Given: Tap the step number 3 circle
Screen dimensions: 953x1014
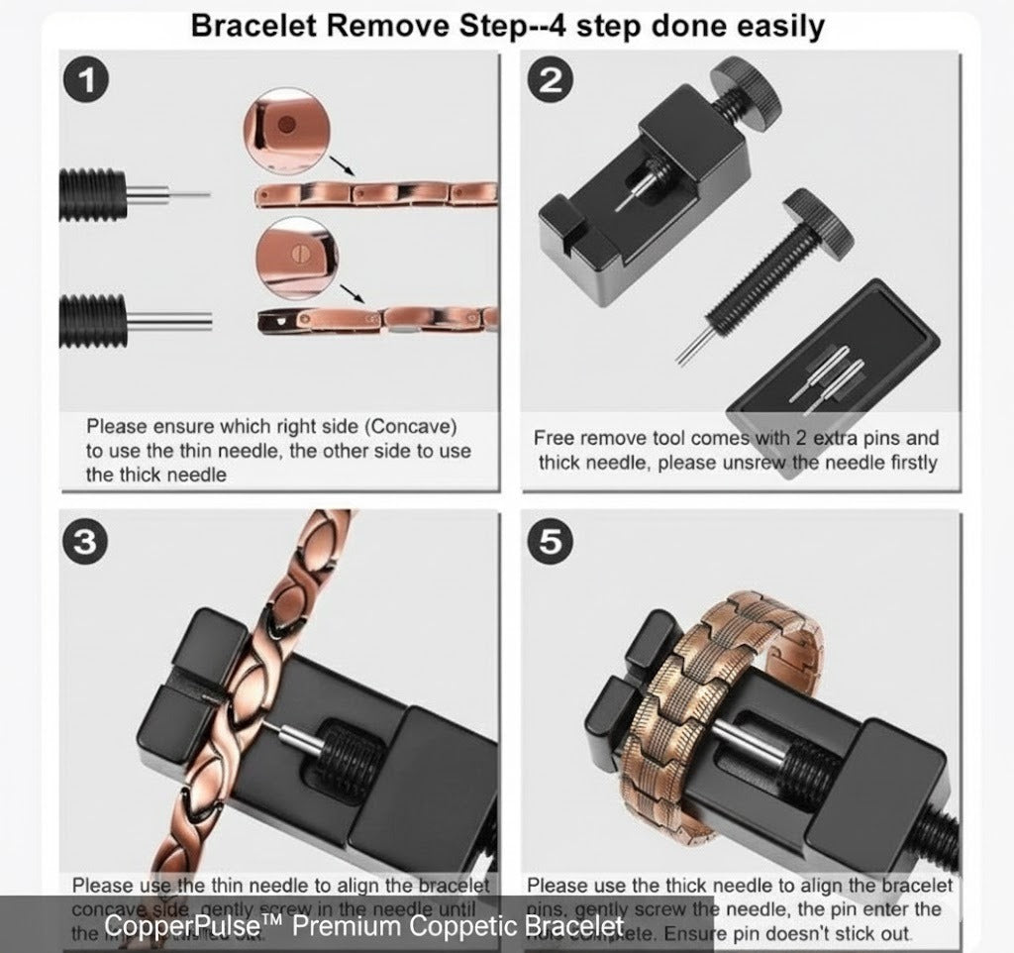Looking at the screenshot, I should [x=86, y=542].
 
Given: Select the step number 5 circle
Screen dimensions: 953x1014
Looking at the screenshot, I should [x=549, y=542].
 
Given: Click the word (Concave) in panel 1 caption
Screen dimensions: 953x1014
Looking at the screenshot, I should [x=406, y=427].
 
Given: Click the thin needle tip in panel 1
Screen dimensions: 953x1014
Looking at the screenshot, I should [x=194, y=192].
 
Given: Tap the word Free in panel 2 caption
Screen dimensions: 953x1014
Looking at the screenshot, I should [x=555, y=438].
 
